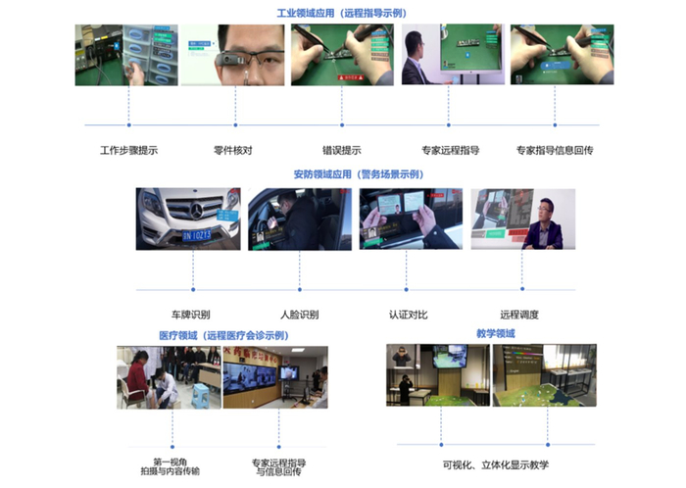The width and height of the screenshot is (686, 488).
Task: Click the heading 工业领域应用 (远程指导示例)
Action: (x=343, y=14)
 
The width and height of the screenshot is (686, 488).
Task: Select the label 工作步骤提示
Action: (x=128, y=151)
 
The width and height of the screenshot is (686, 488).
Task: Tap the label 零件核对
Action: (x=232, y=151)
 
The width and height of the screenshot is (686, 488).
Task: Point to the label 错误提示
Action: (x=342, y=151)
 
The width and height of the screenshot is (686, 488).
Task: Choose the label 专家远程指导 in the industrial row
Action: (x=451, y=151)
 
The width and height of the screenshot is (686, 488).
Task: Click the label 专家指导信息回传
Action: (x=555, y=151)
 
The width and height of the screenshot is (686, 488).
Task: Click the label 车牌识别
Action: (x=190, y=315)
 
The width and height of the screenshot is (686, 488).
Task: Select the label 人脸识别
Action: (x=299, y=315)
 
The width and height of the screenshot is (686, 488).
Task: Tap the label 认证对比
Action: (x=409, y=315)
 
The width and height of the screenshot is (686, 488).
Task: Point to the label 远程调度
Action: (x=519, y=315)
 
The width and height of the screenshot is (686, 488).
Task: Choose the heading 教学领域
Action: (x=495, y=334)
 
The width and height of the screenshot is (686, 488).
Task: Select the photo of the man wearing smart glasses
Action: (x=232, y=55)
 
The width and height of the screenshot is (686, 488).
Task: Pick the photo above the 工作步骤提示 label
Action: (x=126, y=55)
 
